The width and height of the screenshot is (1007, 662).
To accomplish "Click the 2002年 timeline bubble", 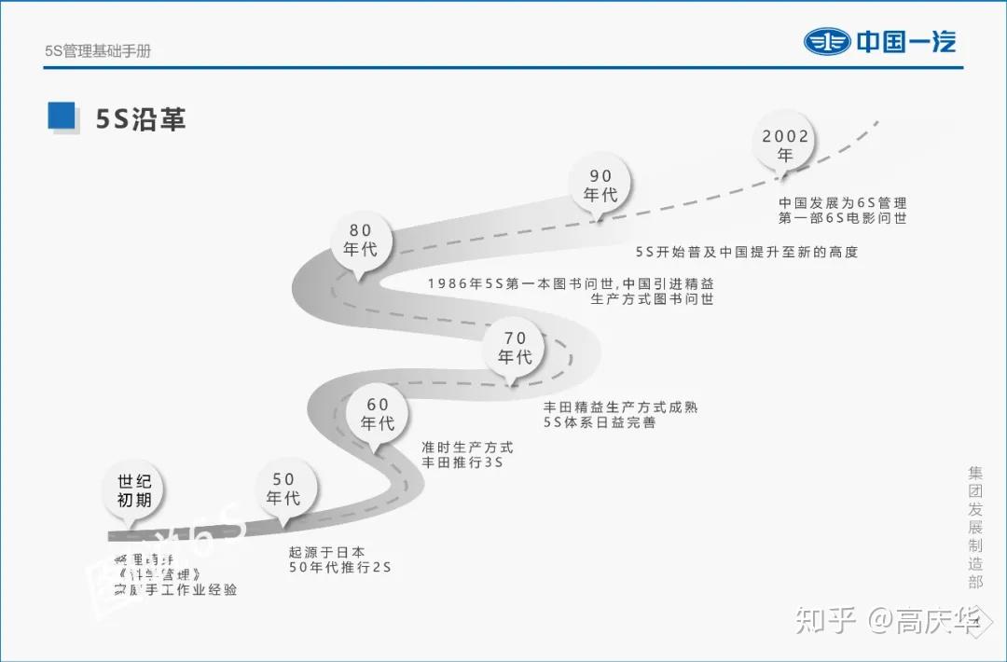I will [785, 145].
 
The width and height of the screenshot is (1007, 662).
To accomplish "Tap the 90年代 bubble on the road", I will [600, 185].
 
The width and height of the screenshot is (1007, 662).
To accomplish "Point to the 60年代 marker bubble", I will [378, 414].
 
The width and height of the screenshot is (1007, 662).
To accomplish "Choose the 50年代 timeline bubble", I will [283, 489].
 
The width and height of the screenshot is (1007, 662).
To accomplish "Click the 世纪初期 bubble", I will [134, 490].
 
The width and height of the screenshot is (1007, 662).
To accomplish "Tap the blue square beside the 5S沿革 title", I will [62, 116].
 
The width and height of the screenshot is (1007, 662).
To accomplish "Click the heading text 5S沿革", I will [141, 119].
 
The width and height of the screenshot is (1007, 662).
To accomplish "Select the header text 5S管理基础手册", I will [97, 51].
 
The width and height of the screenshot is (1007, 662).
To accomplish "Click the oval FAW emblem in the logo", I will [827, 42].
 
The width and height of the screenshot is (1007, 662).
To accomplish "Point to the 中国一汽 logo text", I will [906, 42].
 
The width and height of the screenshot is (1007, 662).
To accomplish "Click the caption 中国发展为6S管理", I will [843, 202].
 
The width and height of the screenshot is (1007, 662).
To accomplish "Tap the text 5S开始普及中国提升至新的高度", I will [746, 252].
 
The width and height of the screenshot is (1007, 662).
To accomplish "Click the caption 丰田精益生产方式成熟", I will [620, 407].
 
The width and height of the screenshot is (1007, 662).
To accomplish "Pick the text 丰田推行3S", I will [462, 462].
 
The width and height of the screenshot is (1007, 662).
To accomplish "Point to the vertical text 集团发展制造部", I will [974, 527].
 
